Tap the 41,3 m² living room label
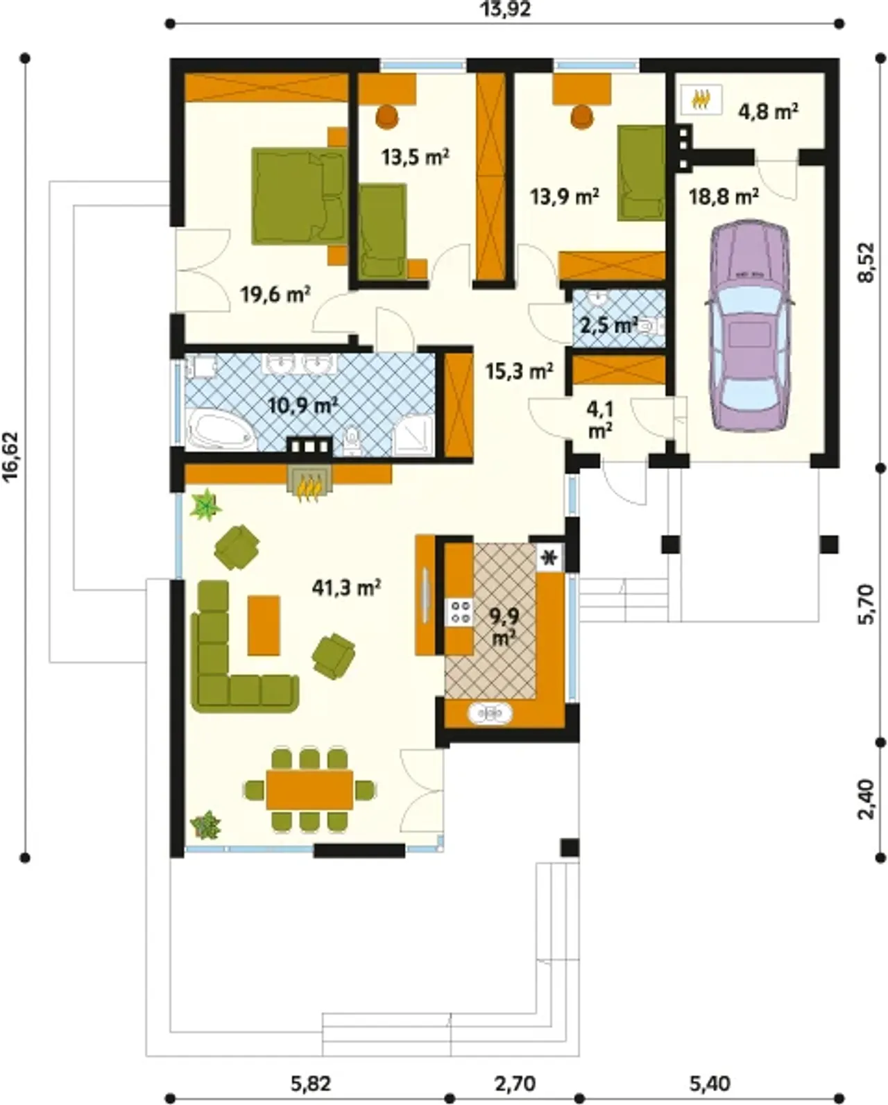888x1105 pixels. [346, 587]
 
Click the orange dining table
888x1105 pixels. [309, 789]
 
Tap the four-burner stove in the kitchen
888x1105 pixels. [460, 612]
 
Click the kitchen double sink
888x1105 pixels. [490, 713]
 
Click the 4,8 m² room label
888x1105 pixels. [768, 111]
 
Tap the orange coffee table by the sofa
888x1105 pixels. [264, 626]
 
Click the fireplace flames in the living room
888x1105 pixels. [310, 486]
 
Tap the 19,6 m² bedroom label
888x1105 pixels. [275, 295]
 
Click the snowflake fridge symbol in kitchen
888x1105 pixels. [550, 557]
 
